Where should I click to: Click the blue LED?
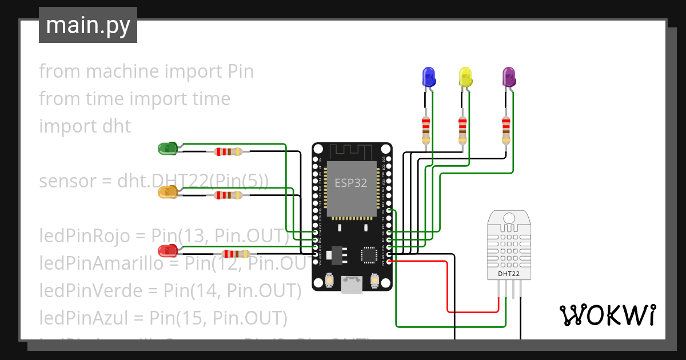pos(428,77)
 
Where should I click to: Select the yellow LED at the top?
pos(465,77)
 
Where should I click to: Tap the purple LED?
pos(508,77)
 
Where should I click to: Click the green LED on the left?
pos(167,149)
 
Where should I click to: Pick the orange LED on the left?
pos(167,192)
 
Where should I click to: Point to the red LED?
pos(168,250)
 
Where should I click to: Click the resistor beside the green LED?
pos(229,151)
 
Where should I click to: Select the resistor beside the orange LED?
pos(229,195)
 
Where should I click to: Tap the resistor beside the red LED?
pos(235,254)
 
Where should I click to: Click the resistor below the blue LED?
pos(426,130)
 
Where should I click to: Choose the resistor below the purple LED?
pos(506,130)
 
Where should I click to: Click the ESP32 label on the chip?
pos(350,183)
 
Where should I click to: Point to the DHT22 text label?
pos(508,274)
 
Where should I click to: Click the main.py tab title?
pos(88,25)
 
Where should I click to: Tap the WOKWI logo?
pos(607,315)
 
